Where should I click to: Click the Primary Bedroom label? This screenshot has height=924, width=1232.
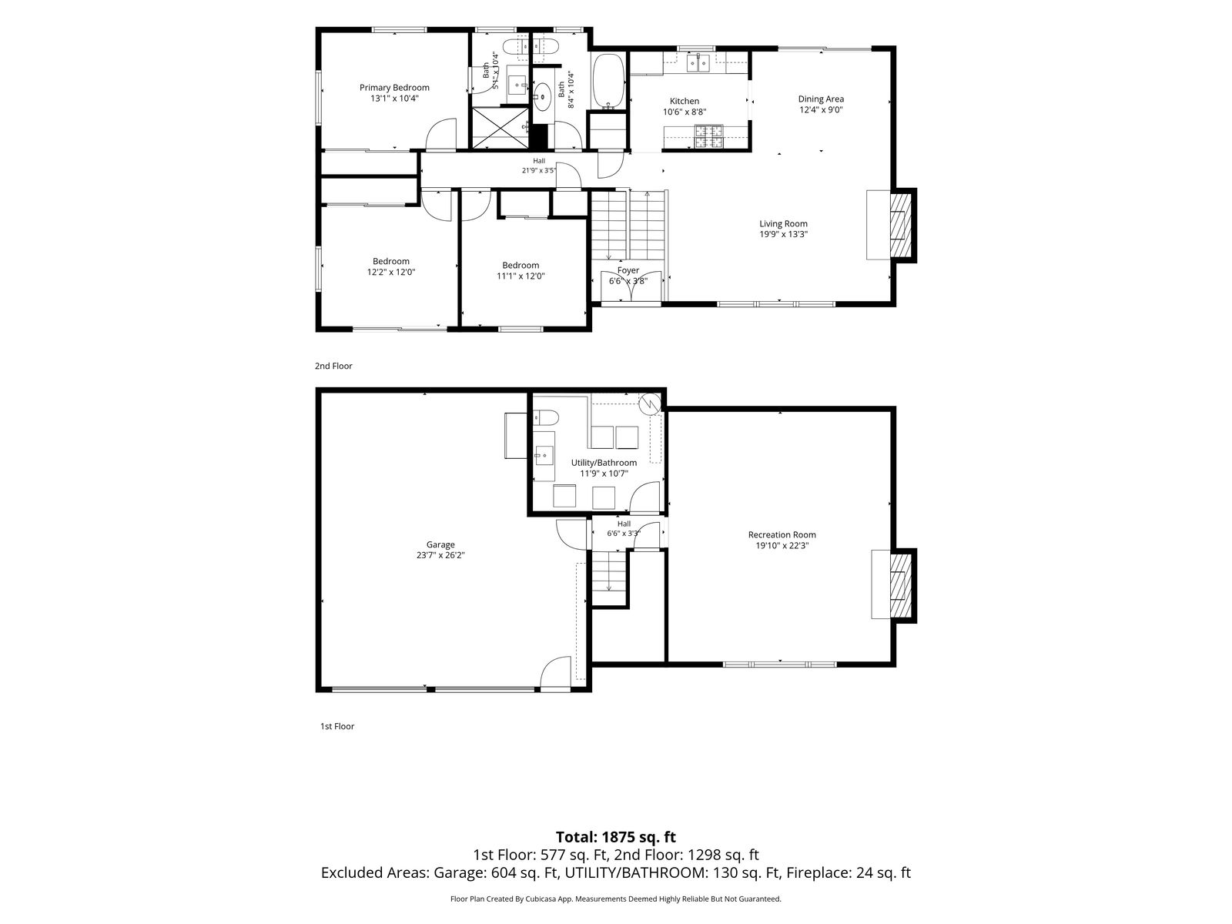click(x=394, y=88)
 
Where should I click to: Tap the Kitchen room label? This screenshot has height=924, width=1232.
click(x=685, y=101)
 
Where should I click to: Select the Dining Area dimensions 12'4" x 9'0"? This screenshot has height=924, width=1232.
click(x=821, y=110)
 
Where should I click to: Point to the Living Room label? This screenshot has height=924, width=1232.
click(x=783, y=223)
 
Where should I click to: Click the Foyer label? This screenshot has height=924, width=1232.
click(x=628, y=270)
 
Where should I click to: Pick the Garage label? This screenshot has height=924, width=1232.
click(x=440, y=544)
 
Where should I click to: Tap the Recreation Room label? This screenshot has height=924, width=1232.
click(x=782, y=534)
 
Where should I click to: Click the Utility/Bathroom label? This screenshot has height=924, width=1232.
click(x=604, y=463)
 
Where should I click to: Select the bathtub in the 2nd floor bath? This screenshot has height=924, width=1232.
click(x=608, y=82)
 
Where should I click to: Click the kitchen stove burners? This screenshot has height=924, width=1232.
click(x=709, y=137)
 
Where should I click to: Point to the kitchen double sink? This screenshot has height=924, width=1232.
click(x=698, y=63)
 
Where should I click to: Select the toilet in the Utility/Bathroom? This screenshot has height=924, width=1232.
click(x=545, y=417)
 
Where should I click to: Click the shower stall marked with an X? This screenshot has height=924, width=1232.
click(x=500, y=128)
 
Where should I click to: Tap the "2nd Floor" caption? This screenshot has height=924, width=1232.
click(x=333, y=366)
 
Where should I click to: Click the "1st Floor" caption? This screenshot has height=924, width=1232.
click(x=337, y=726)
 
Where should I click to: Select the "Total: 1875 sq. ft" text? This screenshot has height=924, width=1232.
click(x=616, y=837)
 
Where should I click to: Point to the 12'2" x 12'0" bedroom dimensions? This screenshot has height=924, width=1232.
click(x=391, y=272)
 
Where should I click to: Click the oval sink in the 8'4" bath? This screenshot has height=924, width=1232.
click(x=542, y=97)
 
